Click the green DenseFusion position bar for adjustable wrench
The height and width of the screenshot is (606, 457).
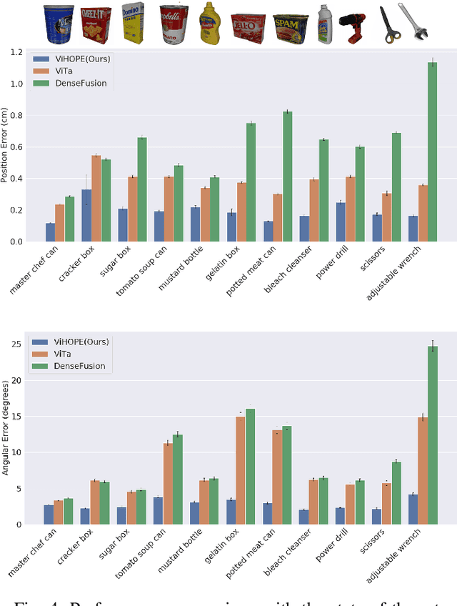(x=432, y=152)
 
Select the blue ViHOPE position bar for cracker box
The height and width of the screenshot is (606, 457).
(x=86, y=216)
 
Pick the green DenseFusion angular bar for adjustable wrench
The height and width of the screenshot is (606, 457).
(x=432, y=436)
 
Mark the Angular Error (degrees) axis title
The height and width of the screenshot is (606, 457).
(x=6, y=429)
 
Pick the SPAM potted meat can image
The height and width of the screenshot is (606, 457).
(x=291, y=26)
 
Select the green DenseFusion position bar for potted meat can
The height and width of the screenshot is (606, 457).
(x=287, y=177)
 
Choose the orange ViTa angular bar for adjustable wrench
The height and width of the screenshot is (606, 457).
(x=423, y=471)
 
